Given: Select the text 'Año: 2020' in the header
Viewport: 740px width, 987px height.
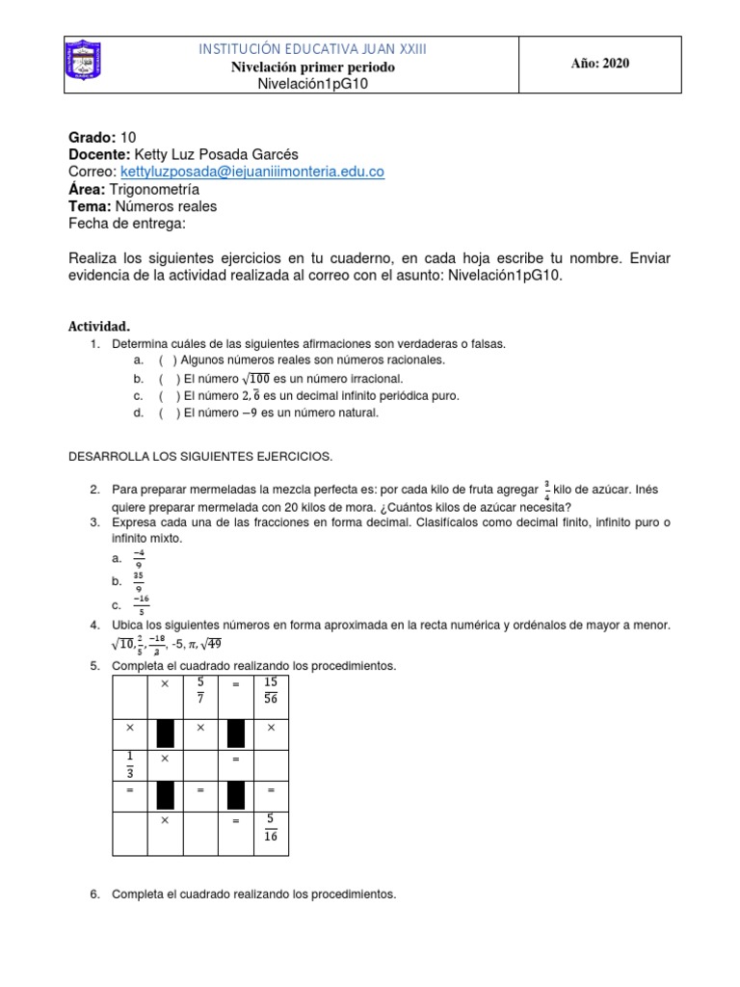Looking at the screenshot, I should point(599,64).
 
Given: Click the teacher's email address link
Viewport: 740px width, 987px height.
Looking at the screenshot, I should point(252,172).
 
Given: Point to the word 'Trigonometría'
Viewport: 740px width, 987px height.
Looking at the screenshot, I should point(155,189).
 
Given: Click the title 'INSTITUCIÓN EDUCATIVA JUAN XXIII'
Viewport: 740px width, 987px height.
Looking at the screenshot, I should point(313,49).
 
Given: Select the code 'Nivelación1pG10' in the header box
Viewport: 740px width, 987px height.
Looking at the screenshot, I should point(313,84).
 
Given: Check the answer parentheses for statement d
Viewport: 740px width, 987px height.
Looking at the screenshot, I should point(169,413).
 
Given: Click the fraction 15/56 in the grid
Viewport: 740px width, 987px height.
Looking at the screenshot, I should point(270,690).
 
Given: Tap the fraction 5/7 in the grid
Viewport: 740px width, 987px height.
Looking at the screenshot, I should point(200,690).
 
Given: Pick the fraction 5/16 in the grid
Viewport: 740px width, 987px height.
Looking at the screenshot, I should point(270,829).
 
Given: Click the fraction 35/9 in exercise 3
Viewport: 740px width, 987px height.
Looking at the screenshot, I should point(140,580).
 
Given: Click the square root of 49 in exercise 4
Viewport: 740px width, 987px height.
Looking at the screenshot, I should point(213,644).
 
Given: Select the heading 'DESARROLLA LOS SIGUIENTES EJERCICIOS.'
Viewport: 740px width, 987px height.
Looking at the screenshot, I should point(199,455).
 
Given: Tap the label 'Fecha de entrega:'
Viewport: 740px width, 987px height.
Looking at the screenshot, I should point(126,224).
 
